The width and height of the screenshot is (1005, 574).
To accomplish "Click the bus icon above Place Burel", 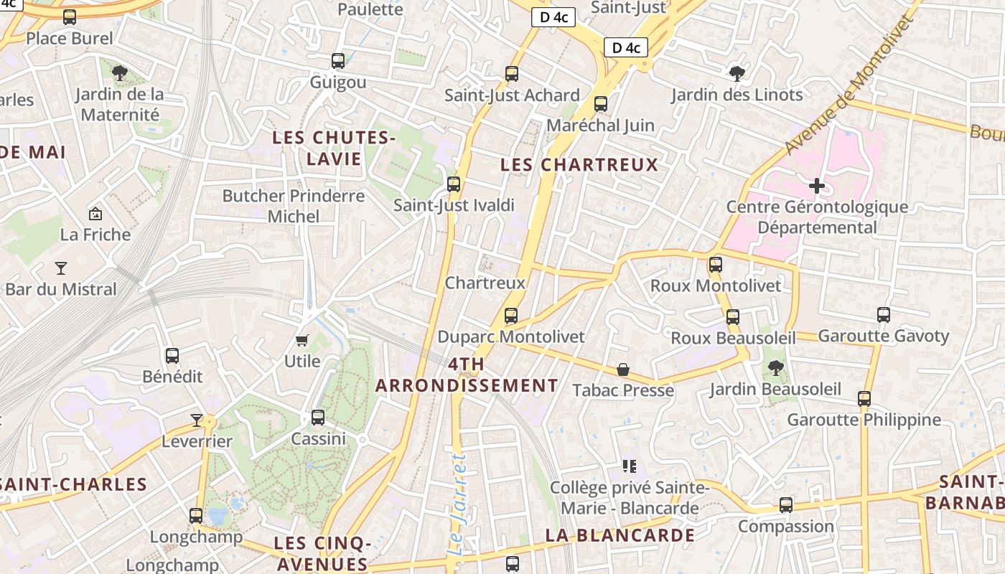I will (x=70, y=17).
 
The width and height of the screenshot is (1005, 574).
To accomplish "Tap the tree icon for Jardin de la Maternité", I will (x=120, y=72).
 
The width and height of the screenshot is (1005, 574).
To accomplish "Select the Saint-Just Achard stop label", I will (x=512, y=95).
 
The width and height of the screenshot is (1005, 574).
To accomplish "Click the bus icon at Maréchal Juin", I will (x=601, y=104).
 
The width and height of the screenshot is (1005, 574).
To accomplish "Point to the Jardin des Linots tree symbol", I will (x=737, y=73).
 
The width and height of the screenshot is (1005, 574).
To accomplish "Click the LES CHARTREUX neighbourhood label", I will (x=579, y=164).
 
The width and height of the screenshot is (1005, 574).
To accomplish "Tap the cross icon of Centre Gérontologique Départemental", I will (x=816, y=187).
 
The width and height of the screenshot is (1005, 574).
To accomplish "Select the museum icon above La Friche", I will (x=95, y=214).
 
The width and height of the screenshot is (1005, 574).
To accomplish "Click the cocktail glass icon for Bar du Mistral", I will (x=61, y=268).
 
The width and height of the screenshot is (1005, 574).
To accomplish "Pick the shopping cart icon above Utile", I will (x=302, y=340).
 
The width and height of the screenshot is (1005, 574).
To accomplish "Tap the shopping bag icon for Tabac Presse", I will (x=623, y=370).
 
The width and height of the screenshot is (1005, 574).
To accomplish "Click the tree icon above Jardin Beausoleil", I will (x=775, y=368).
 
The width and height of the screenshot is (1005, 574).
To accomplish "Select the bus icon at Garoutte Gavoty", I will (x=884, y=314).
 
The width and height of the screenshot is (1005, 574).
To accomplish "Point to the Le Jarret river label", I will (x=457, y=504).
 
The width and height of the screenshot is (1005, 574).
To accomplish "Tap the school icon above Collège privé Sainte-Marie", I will (x=630, y=466).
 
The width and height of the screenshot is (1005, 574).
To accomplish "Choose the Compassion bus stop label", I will (x=786, y=526).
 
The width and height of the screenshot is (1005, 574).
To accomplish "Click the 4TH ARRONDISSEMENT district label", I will (x=467, y=375).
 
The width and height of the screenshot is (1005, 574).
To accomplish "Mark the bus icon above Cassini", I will (x=318, y=418).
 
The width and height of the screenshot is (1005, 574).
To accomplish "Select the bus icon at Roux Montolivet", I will (x=716, y=265).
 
